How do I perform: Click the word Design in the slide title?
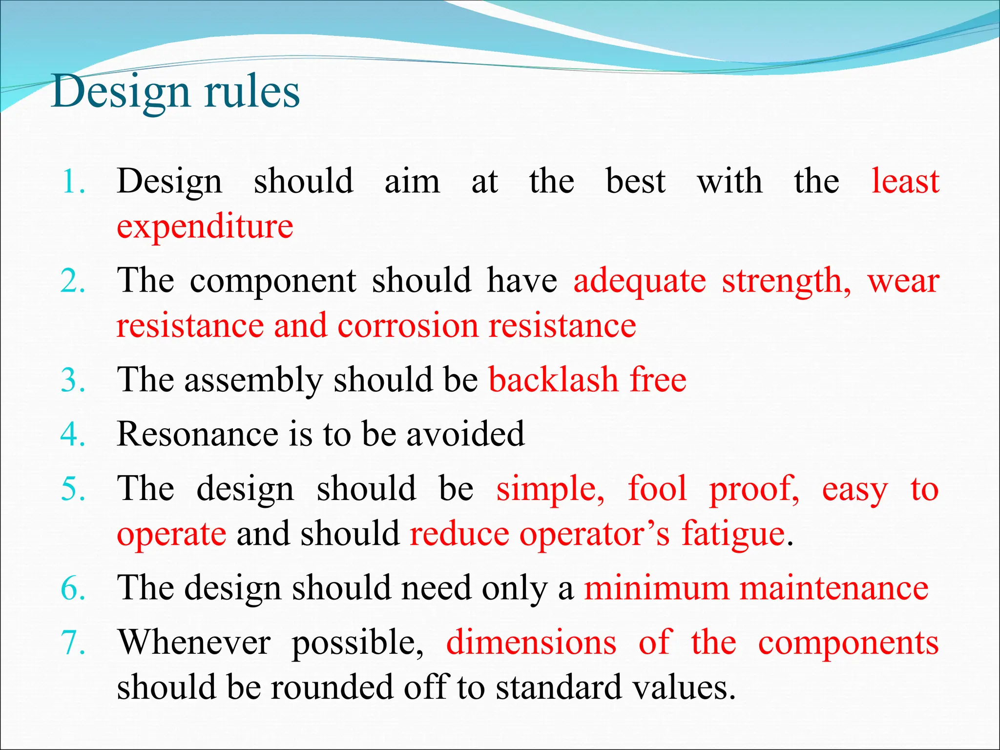120,93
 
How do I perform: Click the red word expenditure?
205,227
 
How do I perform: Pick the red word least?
905,182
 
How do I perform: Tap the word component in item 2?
273,281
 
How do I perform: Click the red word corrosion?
408,326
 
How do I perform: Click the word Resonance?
197,434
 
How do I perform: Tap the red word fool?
657,488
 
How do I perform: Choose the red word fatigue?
733,534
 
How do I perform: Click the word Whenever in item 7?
194,642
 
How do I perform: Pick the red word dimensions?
531,642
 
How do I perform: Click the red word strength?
786,281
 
